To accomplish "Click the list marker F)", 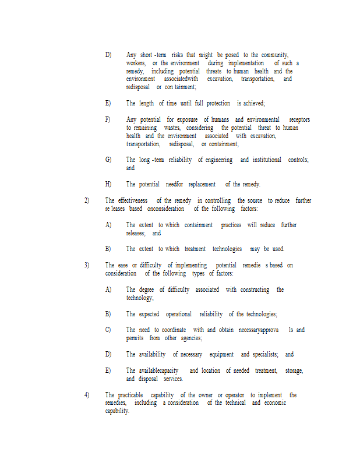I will [108, 119].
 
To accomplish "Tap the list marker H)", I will [108, 184].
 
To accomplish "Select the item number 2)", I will [87, 200].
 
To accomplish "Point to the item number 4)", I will [87, 395].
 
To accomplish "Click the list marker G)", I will [108, 160].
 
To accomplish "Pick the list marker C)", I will [108, 330].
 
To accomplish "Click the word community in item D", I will [274, 55].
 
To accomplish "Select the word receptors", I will [299, 119].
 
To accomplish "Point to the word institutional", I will [267, 160].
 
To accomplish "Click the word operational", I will [178, 314].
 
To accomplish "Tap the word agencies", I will [191, 338].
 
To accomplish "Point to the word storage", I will [294, 370].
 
